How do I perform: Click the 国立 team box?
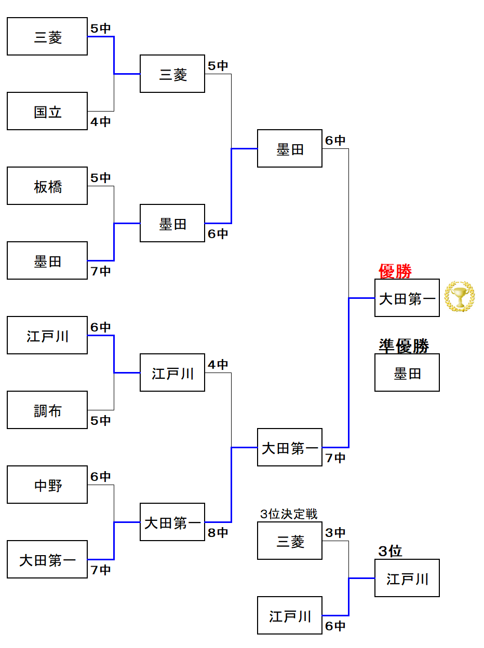click(47, 111)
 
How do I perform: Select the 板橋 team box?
click(47, 186)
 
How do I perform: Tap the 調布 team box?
click(47, 410)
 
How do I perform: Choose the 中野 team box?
click(47, 485)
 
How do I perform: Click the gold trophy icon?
click(460, 296)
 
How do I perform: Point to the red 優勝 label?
click(395, 271)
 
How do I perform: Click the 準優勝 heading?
click(404, 346)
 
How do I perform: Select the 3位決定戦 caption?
click(289, 514)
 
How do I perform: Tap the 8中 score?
click(218, 533)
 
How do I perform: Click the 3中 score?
click(335, 533)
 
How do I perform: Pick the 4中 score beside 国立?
click(101, 122)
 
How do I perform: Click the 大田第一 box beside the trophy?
click(407, 298)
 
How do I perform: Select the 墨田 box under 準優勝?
click(407, 373)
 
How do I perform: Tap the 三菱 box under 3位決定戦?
click(290, 541)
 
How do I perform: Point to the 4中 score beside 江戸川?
click(218, 365)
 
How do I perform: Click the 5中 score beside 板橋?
click(101, 178)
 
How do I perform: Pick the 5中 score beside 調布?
click(101, 421)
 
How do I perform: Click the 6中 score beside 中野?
click(101, 477)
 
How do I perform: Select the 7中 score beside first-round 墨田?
click(101, 271)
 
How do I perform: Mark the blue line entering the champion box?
click(362, 298)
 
